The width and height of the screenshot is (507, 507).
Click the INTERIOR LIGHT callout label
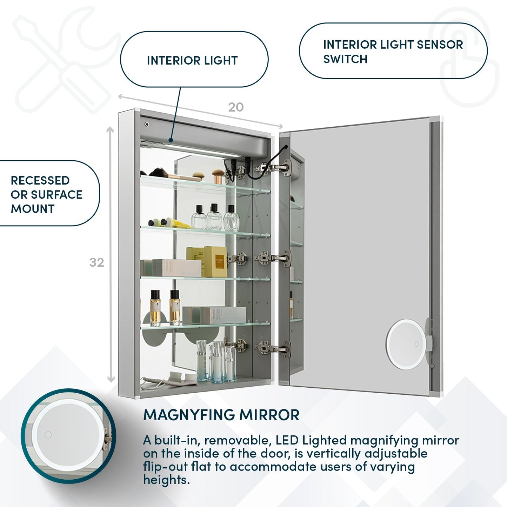(192, 60)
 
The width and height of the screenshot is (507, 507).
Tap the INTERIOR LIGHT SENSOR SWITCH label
(393, 52)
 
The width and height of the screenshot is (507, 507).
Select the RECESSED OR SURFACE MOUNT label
(46, 194)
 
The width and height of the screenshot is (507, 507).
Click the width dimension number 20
(235, 107)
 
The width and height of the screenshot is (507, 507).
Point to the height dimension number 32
(96, 262)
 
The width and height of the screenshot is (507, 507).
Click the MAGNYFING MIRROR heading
(221, 415)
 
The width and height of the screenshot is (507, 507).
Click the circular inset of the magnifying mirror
(68, 436)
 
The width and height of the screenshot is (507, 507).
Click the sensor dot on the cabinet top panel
(147, 124)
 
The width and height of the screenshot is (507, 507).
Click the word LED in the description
(287, 440)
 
